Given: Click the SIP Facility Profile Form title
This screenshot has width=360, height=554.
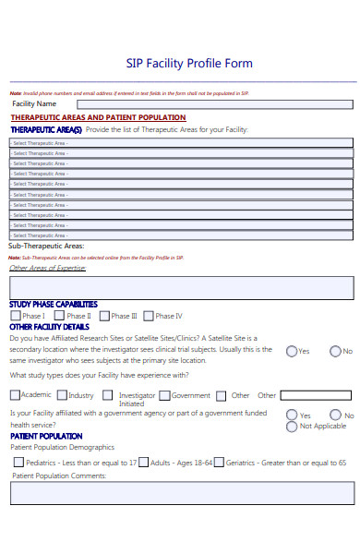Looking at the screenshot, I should tap(188, 64).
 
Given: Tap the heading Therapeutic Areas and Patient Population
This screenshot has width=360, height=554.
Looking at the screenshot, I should tap(98, 118).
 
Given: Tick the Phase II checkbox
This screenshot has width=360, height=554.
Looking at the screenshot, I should tap(60, 316).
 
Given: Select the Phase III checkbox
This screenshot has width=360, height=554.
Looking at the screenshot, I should tap(104, 316).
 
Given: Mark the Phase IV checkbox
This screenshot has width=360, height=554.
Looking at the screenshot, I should tap(150, 316).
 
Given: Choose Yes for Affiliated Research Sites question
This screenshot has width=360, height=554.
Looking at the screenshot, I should tap(292, 351).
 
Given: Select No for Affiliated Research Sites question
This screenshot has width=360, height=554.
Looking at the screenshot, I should tap(335, 351).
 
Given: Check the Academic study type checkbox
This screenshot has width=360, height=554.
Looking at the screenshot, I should tap(16, 395).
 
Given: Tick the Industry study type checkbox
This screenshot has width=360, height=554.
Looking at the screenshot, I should tap(63, 395).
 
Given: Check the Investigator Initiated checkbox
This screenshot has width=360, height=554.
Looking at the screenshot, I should tap(109, 395).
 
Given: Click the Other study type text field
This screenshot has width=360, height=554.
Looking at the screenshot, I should tap(316, 395).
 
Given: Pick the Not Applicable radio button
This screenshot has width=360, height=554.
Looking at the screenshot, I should tap(292, 426).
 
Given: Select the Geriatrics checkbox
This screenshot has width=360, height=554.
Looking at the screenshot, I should tap(219, 462).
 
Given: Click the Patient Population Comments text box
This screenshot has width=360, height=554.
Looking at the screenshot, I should tap(182, 492).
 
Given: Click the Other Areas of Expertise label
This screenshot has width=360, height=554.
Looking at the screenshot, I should tap(47, 268).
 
